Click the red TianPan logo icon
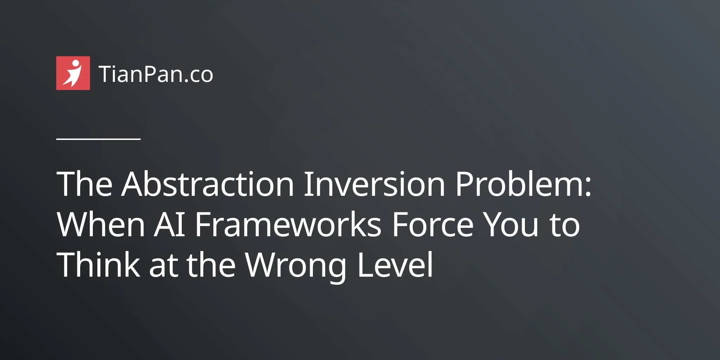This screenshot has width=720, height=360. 73,73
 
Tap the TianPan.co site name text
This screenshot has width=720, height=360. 156,74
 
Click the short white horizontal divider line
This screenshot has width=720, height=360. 98,139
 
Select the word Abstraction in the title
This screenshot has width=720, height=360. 207,184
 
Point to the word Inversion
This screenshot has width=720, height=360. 374,184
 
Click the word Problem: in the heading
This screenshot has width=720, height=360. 523,184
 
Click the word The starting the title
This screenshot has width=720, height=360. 84,184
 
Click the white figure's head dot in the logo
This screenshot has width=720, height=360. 75,63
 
